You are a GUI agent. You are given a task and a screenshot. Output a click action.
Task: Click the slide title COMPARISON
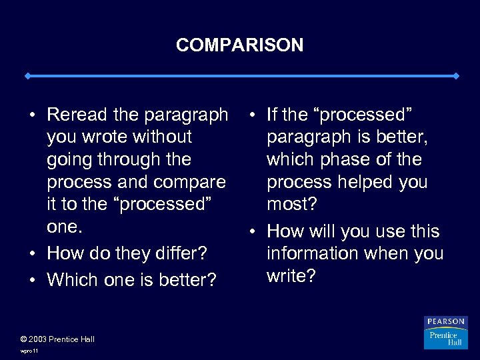[x=239, y=45]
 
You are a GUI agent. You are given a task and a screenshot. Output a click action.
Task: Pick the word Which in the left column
[x=73, y=279]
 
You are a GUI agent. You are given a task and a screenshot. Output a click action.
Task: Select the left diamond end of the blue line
[x=27, y=76]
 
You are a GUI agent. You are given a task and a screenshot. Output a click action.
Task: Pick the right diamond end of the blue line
[x=455, y=76]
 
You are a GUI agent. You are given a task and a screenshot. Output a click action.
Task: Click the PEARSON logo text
[x=446, y=321]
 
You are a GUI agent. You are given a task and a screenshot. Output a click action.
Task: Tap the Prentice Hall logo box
[x=446, y=338]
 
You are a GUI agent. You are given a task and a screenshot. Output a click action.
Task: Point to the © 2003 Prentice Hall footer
[x=58, y=339]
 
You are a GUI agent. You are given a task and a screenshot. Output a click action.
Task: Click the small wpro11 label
[x=30, y=350]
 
